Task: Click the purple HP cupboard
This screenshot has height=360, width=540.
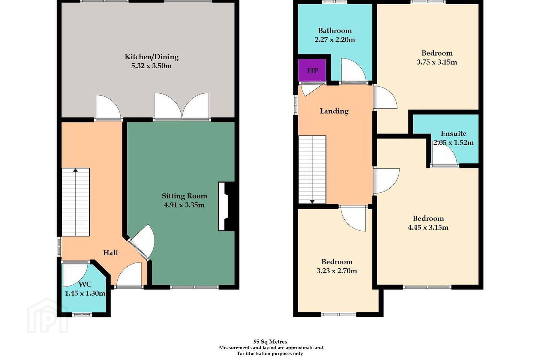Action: pyautogui.click(x=312, y=70)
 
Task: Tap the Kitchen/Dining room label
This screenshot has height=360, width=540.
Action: pyautogui.click(x=151, y=57)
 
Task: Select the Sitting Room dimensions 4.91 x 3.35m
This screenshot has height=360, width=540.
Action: pyautogui.click(x=184, y=205)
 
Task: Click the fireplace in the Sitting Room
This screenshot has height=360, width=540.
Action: pyautogui.click(x=226, y=206)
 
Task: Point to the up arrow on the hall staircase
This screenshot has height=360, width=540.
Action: pyautogui.click(x=75, y=170)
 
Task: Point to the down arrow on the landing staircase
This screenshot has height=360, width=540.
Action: pyautogui.click(x=312, y=202)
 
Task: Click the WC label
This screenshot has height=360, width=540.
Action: pyautogui.click(x=85, y=284)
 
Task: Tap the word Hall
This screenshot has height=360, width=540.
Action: pyautogui.click(x=110, y=253)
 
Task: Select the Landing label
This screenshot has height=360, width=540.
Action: pyautogui.click(x=334, y=111)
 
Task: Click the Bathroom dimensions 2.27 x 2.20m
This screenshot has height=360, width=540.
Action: pyautogui.click(x=334, y=39)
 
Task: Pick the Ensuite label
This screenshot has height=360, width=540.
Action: pyautogui.click(x=453, y=133)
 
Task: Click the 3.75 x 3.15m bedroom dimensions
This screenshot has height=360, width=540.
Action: pyautogui.click(x=437, y=62)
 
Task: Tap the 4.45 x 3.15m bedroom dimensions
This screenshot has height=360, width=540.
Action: pyautogui.click(x=428, y=227)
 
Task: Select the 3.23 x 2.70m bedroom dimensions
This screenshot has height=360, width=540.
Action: pyautogui.click(x=336, y=271)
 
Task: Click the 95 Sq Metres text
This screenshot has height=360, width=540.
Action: pyautogui.click(x=270, y=342)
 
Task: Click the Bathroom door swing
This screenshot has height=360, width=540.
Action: pyautogui.click(x=353, y=71)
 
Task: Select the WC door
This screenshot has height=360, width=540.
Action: pyautogui.click(x=75, y=274)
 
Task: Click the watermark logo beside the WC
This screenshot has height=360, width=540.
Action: pyautogui.click(x=48, y=316)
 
